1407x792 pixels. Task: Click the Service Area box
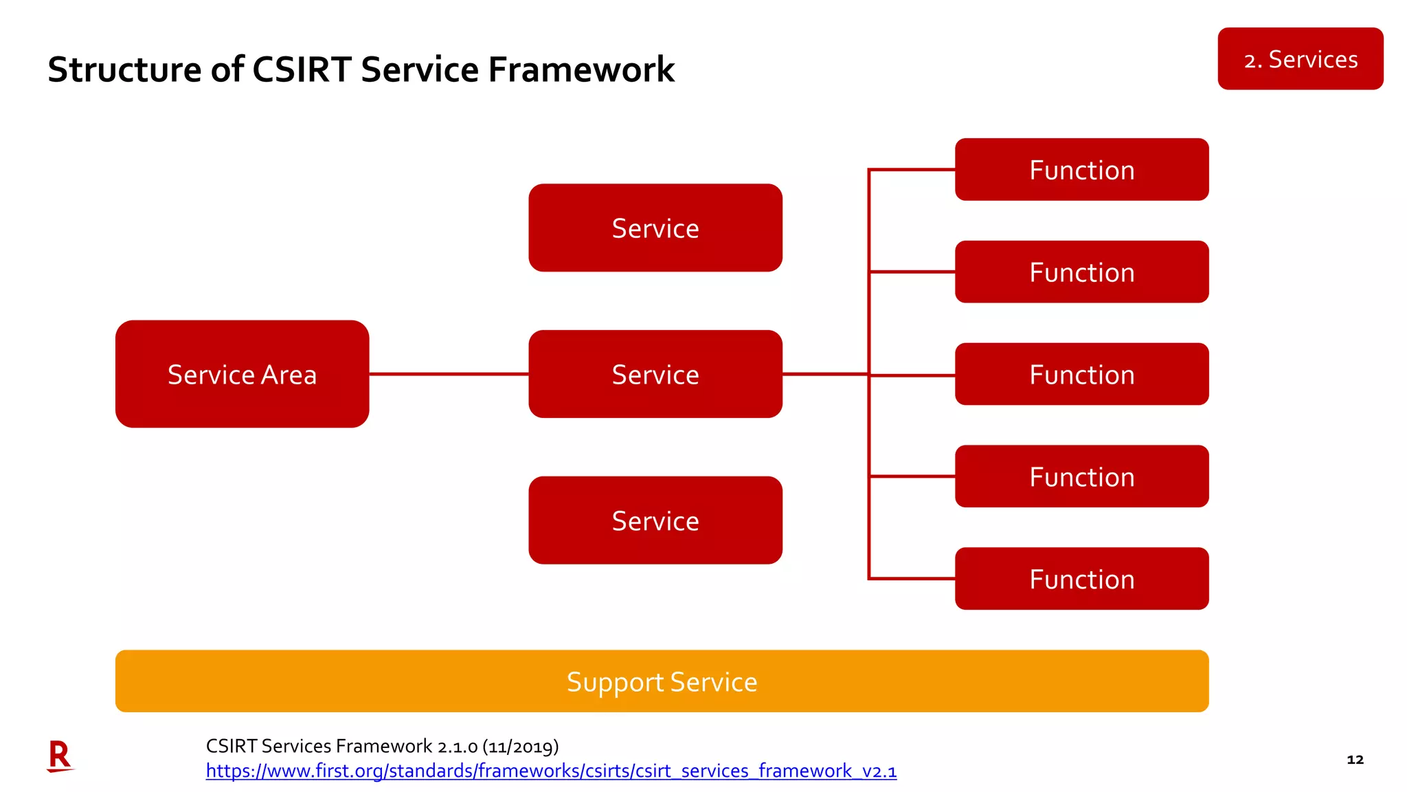click(x=242, y=374)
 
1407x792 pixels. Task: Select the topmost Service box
click(x=655, y=228)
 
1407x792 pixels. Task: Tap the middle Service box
click(x=655, y=374)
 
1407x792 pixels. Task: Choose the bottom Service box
click(x=655, y=520)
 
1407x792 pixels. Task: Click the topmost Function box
click(x=1081, y=170)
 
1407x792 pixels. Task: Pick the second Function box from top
click(x=1081, y=272)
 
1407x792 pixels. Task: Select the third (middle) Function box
click(x=1081, y=375)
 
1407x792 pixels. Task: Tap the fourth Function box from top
click(x=1081, y=476)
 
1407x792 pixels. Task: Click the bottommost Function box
click(x=1081, y=579)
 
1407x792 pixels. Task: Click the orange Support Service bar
click(x=662, y=681)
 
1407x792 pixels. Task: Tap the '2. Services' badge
click(x=1300, y=59)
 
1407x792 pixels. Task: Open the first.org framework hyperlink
click(x=551, y=771)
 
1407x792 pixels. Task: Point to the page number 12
click(x=1355, y=760)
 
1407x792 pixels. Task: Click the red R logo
click(x=60, y=756)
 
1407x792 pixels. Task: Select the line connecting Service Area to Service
click(x=449, y=374)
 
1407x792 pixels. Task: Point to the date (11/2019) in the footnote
click(x=520, y=747)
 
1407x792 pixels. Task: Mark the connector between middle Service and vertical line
click(x=825, y=374)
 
